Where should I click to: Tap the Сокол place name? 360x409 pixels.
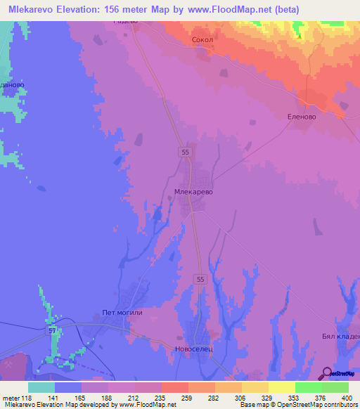coord(202,41)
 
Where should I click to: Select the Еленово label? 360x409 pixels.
coord(302,117)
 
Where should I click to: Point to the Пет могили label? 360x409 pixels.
coord(122,313)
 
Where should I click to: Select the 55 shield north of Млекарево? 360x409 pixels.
coord(184,152)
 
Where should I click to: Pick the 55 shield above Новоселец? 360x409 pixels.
coord(200,279)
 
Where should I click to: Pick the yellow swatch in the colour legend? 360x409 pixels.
coord(281,387)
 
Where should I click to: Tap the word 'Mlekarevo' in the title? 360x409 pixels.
coord(30,9)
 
